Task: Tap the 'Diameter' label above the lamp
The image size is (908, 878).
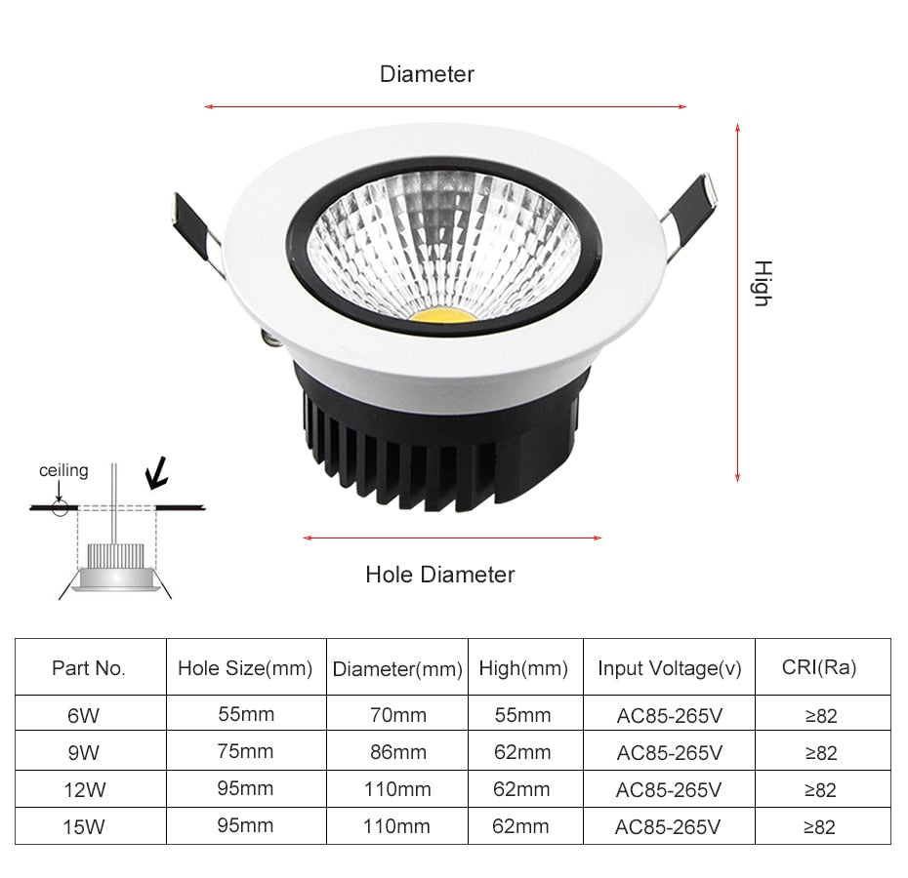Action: coord(427,74)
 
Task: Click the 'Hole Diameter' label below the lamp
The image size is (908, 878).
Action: coord(439,575)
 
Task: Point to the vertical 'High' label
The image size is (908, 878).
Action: coord(762,284)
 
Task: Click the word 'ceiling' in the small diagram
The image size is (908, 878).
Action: coord(63,470)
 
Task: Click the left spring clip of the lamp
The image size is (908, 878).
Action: coord(194,222)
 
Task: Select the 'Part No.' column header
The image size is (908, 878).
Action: coord(89,668)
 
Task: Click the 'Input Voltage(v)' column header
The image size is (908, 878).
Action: coord(669,668)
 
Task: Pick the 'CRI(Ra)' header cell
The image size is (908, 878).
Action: coord(819,667)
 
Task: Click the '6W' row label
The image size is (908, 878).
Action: coord(83,715)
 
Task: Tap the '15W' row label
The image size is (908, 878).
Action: coord(83,827)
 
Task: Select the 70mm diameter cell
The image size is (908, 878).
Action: coord(396,715)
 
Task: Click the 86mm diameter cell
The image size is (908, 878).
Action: coord(396,752)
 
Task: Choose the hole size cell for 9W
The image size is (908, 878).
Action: coord(245,751)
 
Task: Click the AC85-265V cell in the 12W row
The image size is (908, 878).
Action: coord(669,789)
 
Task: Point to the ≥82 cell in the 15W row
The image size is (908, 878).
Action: coord(819,827)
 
